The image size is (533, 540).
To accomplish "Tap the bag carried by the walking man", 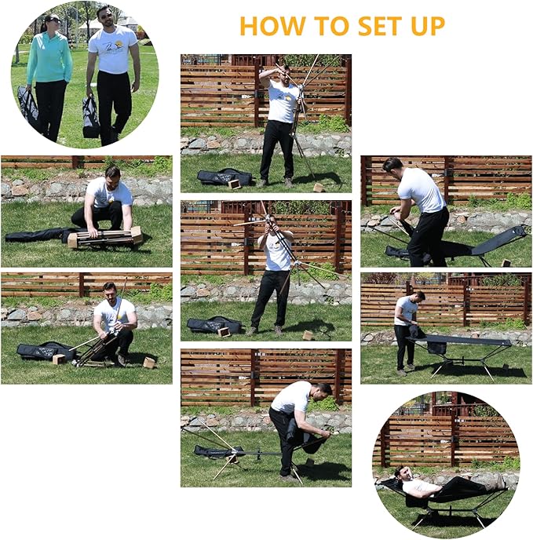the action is click(91, 117).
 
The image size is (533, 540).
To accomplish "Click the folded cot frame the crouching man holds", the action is click(105, 237).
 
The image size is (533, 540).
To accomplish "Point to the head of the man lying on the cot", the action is click(400, 473).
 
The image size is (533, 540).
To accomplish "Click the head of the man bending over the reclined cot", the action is click(392, 165).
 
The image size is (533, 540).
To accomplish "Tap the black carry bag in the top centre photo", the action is click(224, 177).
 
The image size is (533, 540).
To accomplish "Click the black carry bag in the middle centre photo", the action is click(214, 325).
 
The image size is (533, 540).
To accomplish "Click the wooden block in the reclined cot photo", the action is click(506, 263).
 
